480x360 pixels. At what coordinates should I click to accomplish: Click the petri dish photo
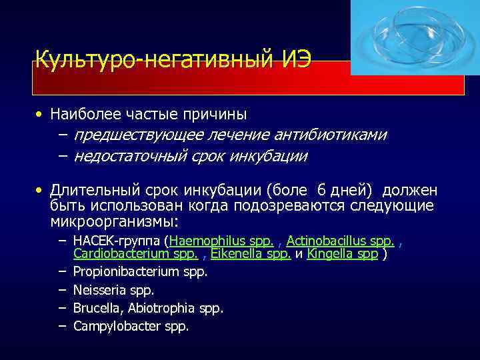click(407, 37)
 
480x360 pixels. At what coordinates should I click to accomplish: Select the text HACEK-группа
click(119, 241)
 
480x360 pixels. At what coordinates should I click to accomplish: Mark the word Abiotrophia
click(161, 308)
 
